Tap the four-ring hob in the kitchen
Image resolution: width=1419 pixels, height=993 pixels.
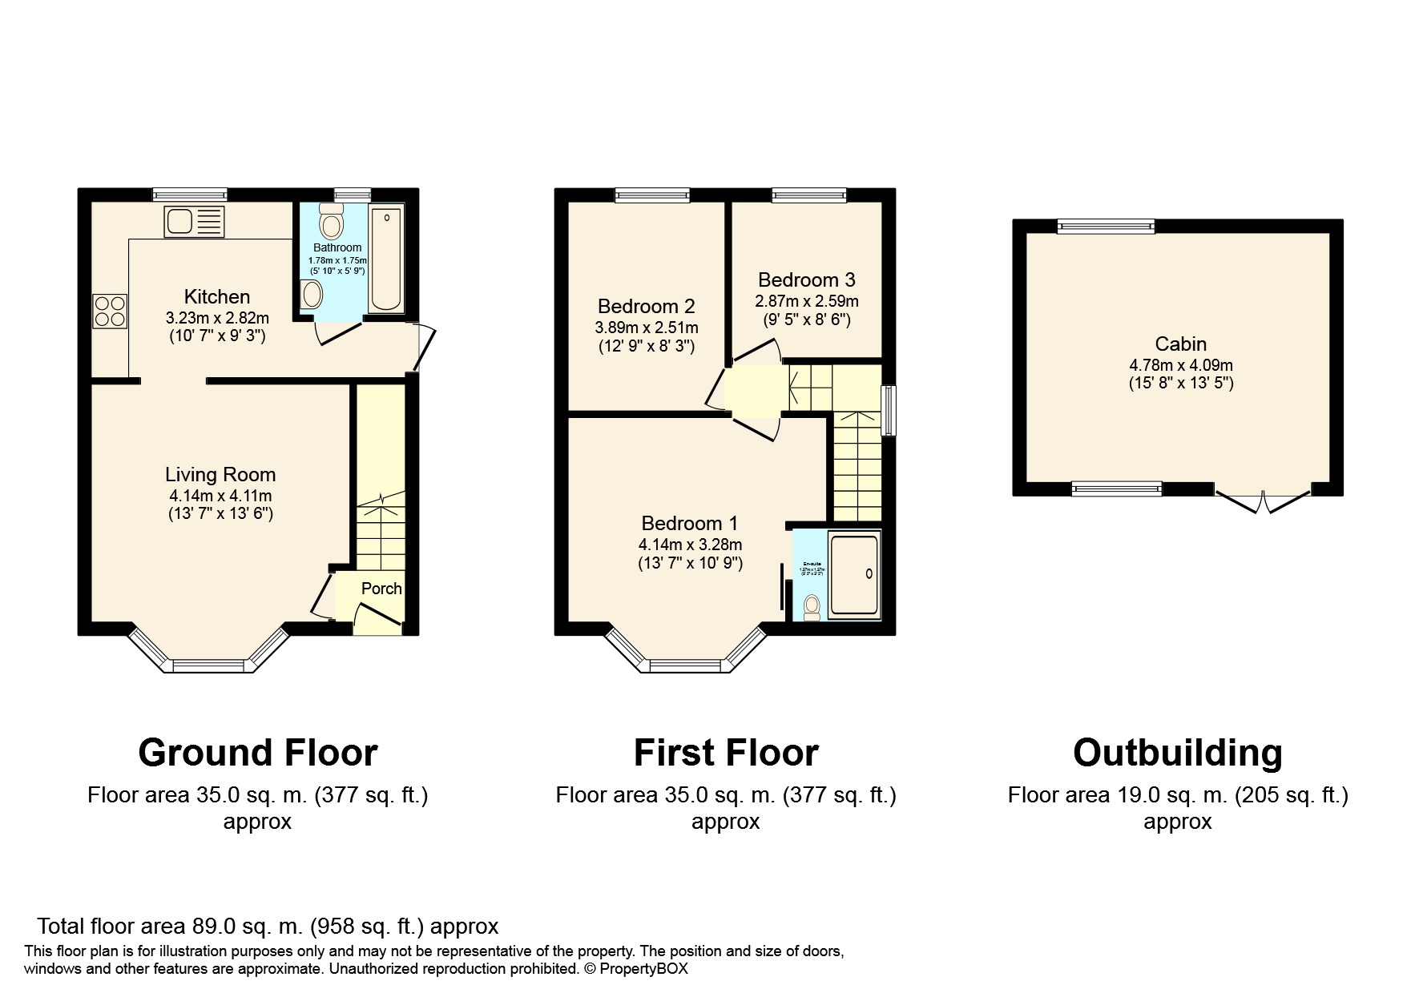click(x=111, y=312)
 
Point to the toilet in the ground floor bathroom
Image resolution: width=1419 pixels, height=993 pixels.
click(x=330, y=218)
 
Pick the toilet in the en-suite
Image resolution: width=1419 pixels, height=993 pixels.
click(x=812, y=607)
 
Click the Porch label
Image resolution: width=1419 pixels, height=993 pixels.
click(x=381, y=589)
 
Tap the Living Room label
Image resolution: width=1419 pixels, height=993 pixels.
click(x=220, y=475)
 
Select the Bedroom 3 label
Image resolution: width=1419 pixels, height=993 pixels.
click(x=806, y=280)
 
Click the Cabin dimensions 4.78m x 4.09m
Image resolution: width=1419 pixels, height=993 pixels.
click(x=1180, y=365)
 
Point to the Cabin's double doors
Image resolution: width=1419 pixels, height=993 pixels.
click(x=1263, y=502)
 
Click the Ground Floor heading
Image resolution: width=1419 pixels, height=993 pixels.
click(x=257, y=754)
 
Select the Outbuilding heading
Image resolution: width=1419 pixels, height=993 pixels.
click(x=1177, y=754)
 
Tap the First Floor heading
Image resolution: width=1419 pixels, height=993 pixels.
click(x=725, y=754)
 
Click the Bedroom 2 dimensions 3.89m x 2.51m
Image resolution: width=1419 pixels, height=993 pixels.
click(x=646, y=328)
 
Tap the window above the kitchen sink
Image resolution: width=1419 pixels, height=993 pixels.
click(x=190, y=194)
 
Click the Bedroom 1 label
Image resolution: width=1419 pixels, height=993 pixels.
click(x=689, y=524)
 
